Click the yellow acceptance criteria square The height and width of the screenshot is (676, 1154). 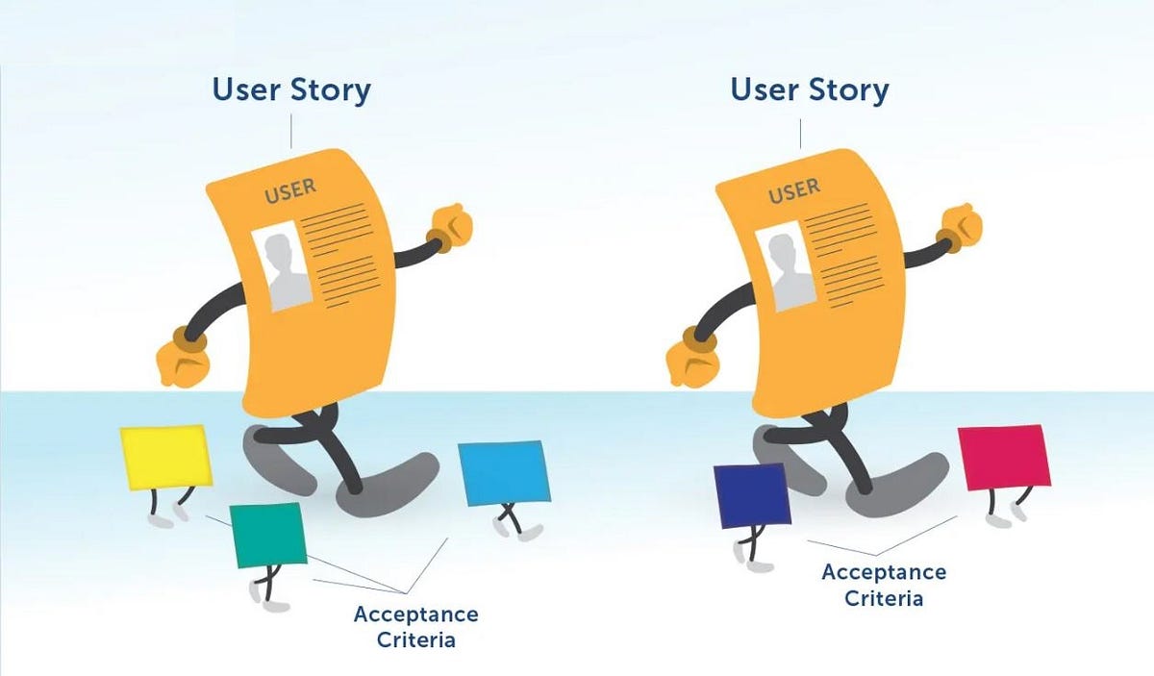pos(165,456)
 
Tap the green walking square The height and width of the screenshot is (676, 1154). pos(269,535)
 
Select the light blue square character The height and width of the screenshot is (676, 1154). pos(504,472)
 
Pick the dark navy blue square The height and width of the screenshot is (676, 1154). pos(752,495)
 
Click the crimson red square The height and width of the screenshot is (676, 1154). pos(1004,457)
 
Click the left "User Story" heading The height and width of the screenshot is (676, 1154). pos(291,90)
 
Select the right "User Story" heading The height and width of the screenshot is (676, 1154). pos(810,90)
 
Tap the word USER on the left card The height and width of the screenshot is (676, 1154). pos(290,190)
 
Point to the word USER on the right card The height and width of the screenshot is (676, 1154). pos(794,190)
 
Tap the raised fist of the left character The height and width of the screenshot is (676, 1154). pos(449,227)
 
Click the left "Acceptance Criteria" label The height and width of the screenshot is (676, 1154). pos(415,626)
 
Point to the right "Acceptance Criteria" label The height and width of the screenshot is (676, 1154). pos(884,585)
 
